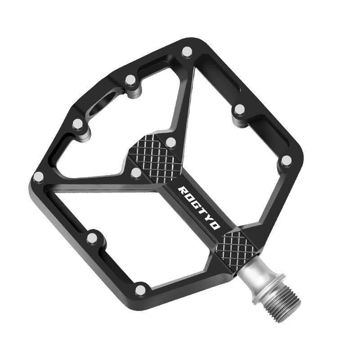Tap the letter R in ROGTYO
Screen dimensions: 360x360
[182, 190]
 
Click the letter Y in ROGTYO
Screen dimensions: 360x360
[208, 217]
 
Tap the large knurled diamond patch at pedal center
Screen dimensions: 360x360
[154, 159]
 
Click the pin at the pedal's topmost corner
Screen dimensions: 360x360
[187, 52]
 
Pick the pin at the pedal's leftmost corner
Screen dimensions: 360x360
[38, 177]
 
